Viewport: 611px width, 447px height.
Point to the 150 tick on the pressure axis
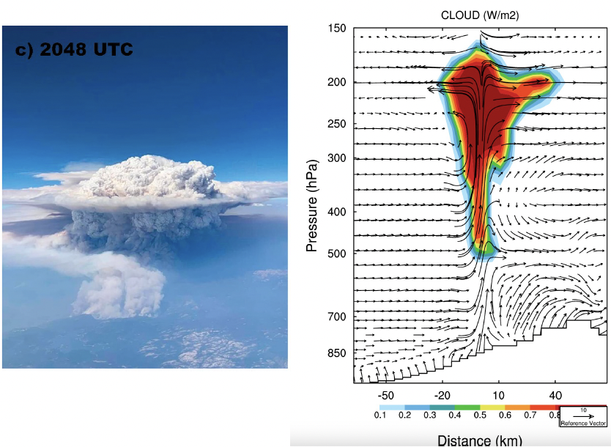(x=336, y=29)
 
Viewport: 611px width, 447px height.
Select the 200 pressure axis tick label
(x=336, y=82)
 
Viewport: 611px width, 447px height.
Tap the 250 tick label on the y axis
(x=336, y=124)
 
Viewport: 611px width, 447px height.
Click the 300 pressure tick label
(x=336, y=158)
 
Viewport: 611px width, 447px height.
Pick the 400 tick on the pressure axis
(x=336, y=212)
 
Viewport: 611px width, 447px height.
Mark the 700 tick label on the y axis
(x=336, y=316)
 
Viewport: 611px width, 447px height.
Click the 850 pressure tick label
(x=336, y=353)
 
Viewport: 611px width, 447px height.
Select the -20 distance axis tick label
(x=442, y=396)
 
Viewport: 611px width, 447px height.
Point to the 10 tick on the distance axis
(x=498, y=396)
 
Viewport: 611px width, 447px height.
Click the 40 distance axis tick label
(x=555, y=396)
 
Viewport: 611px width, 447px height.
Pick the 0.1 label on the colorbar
(x=380, y=415)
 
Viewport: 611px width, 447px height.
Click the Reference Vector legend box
(x=583, y=416)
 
